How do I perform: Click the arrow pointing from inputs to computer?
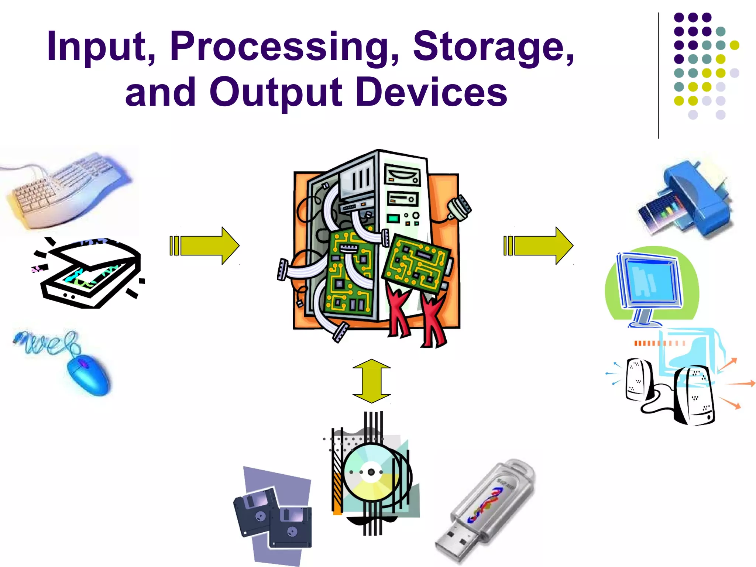click(x=205, y=245)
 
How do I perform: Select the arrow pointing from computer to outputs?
click(x=539, y=245)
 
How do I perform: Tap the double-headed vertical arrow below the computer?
click(x=371, y=381)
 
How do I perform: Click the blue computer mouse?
click(x=89, y=375)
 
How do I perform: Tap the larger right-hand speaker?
click(x=694, y=395)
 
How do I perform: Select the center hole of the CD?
click(x=371, y=472)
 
